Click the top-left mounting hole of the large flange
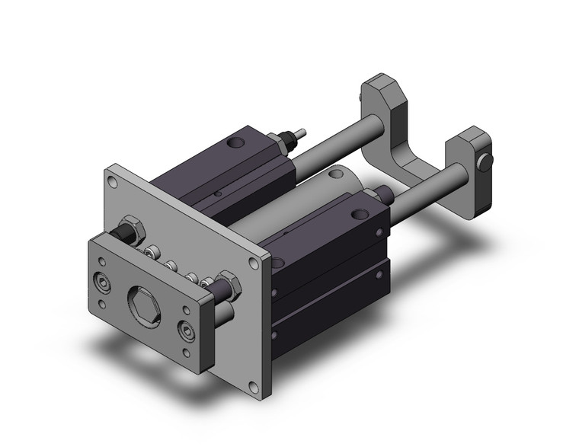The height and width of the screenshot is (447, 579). click(113, 182)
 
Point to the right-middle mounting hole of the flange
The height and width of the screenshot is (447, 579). click(254, 264)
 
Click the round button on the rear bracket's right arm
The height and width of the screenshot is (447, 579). click(485, 161)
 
